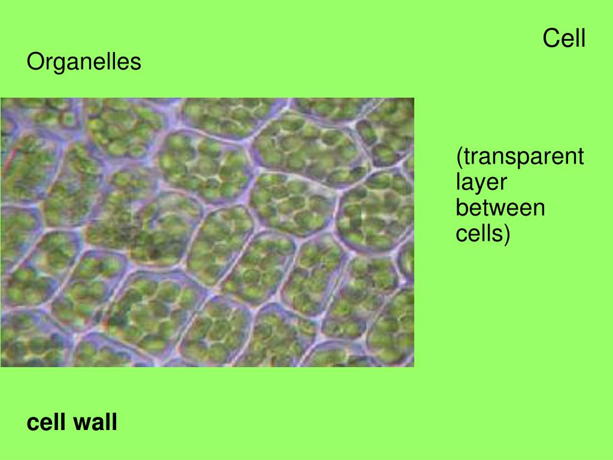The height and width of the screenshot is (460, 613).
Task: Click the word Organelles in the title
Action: pos(84,62)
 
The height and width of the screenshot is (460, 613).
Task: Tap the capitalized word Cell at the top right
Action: pos(564,38)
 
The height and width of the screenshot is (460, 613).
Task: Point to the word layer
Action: pos(481,183)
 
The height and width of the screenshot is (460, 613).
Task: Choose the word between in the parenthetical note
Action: pos(500,208)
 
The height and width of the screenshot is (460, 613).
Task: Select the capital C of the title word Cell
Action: pos(551,38)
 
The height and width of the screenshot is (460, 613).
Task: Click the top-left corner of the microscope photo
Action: pos(1,98)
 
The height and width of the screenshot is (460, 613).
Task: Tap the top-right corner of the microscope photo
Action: pos(414,98)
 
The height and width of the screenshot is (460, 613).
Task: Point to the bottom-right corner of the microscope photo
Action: pos(414,367)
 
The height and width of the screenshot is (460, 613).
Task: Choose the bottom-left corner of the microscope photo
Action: pos(1,367)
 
